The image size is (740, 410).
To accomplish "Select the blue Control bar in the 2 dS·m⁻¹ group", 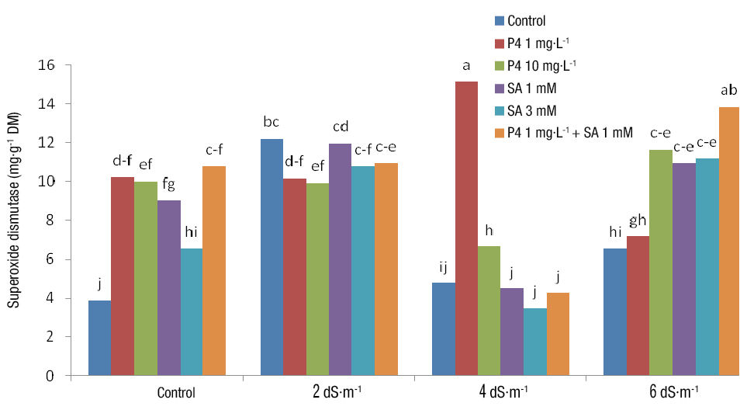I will [271, 257].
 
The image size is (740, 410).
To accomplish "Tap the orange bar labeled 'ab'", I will [728, 241].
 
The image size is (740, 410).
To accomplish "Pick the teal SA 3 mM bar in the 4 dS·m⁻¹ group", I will [535, 342].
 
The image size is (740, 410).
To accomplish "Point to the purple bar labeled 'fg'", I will [169, 288].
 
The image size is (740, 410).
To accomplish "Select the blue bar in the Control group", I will [99, 338].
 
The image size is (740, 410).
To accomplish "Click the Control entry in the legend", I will [527, 21].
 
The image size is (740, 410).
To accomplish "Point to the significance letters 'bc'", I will [271, 123].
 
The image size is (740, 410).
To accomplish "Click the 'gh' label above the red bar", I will [638, 220].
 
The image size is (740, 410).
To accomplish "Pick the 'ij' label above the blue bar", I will [443, 268].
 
